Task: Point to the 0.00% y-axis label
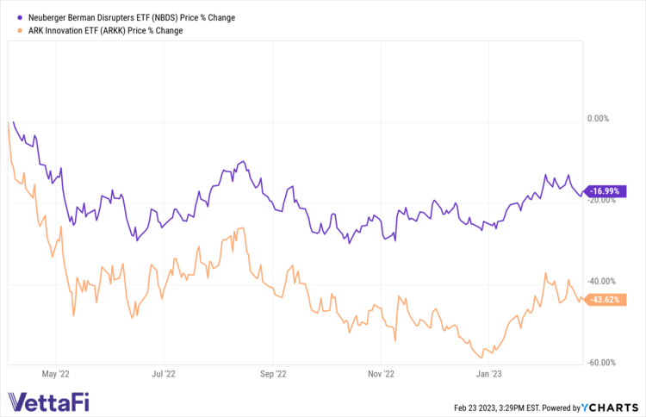(597, 119)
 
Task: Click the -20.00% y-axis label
(600, 200)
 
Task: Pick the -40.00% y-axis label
(600, 281)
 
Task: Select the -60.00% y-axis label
(600, 363)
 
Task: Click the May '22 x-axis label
(55, 375)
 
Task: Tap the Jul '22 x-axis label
(163, 375)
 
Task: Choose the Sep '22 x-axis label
(272, 375)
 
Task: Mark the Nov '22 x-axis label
(380, 375)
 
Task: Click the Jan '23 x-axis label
(488, 375)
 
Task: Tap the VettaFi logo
(48, 401)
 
